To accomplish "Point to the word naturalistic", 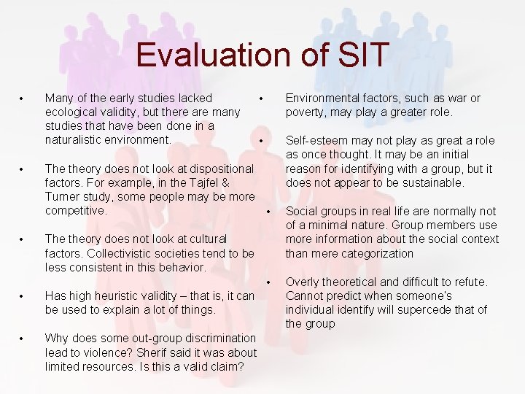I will click(77, 139).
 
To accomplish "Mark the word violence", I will click(101, 352).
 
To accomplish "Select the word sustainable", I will click(432, 182).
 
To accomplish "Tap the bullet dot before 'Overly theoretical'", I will click(268, 282).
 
